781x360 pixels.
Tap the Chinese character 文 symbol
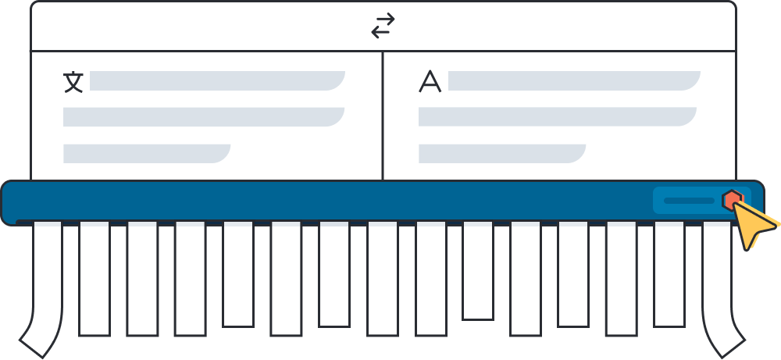pyautogui.click(x=73, y=82)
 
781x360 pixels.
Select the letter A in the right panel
pyautogui.click(x=430, y=82)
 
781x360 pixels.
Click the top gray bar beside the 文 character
pyautogui.click(x=216, y=80)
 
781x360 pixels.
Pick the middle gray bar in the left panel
pyautogui.click(x=203, y=116)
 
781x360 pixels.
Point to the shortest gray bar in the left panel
pyautogui.click(x=146, y=153)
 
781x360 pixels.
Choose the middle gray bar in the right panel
pyautogui.click(x=557, y=116)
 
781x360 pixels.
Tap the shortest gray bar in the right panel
pyautogui.click(x=501, y=153)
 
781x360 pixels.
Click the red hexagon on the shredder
pyautogui.click(x=731, y=200)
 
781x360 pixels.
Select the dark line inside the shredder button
pyautogui.click(x=688, y=201)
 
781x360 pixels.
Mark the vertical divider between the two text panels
pyautogui.click(x=383, y=116)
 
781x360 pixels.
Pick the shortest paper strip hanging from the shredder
pyautogui.click(x=477, y=269)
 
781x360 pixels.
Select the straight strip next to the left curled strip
pyautogui.click(x=94, y=277)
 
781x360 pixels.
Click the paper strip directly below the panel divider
pyautogui.click(x=383, y=277)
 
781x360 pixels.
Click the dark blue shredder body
pyautogui.click(x=312, y=201)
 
